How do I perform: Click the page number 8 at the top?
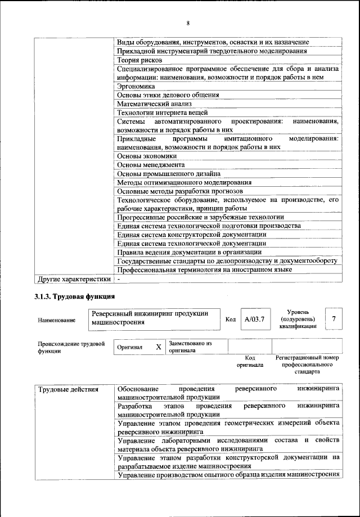click(187, 23)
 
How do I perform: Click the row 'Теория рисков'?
click(140, 60)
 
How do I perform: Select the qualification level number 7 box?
click(334, 319)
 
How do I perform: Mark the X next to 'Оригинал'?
click(159, 347)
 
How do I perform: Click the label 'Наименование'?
click(57, 320)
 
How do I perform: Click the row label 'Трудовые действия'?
click(68, 389)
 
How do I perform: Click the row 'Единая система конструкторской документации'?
click(191, 235)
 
